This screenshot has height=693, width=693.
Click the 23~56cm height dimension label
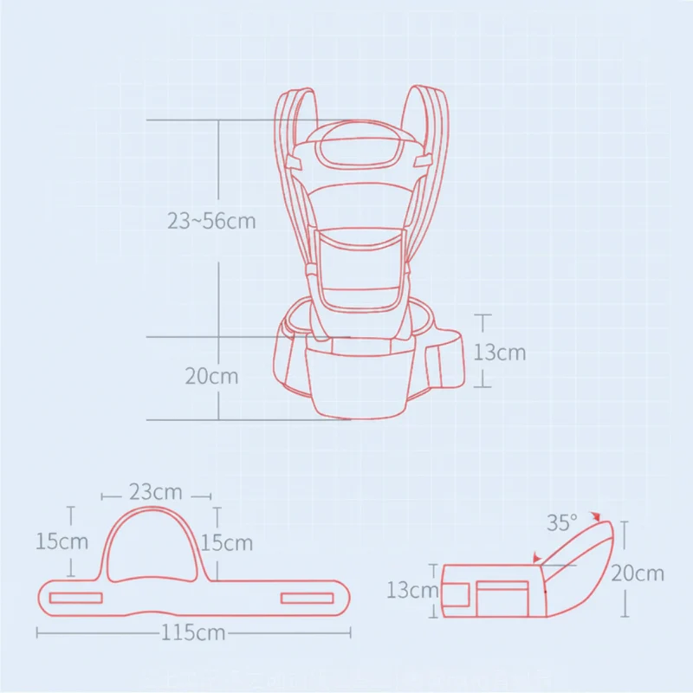[x=211, y=221]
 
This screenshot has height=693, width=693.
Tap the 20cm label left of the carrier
[x=211, y=377]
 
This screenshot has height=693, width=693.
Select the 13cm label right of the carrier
[x=500, y=353]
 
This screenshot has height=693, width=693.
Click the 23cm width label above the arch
[x=156, y=492]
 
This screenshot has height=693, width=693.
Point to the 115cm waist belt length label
[x=193, y=632]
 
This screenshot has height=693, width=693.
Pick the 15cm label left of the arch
[x=62, y=541]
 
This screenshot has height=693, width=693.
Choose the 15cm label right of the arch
[x=226, y=543]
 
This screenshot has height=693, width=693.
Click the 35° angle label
[x=561, y=523]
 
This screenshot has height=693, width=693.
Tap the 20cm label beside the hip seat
[x=638, y=573]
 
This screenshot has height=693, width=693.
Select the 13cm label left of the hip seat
[x=412, y=590]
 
